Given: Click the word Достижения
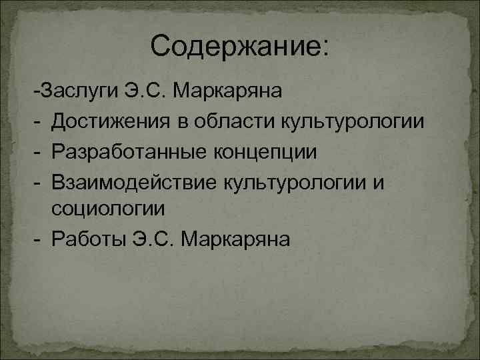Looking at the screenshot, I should pyautogui.click(x=107, y=121).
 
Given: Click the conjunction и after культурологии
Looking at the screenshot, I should pyautogui.click(x=378, y=181).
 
